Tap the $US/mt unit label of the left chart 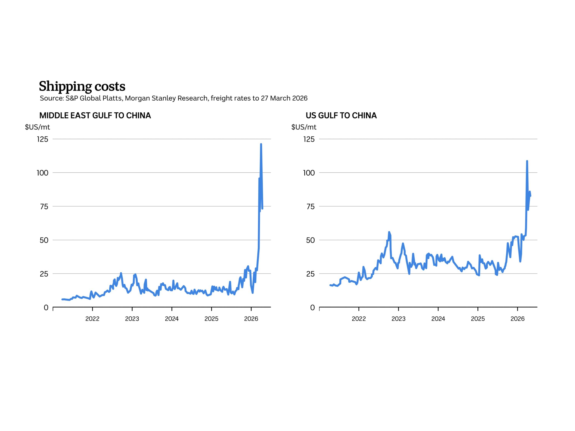pos(37,127)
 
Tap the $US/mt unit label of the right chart pos(304,127)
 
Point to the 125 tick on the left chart pos(43,139)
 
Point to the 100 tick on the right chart pos(309,173)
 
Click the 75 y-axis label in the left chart pos(44,206)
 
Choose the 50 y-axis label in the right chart pos(310,240)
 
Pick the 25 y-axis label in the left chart pos(44,274)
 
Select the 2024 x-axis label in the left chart pos(172,319)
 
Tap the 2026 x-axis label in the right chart pos(517,319)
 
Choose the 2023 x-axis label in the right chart pos(398,319)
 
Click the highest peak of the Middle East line pos(261,144)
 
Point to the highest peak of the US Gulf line pos(527,161)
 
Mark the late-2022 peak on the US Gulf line pos(389,232)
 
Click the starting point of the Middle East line pos(62,299)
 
